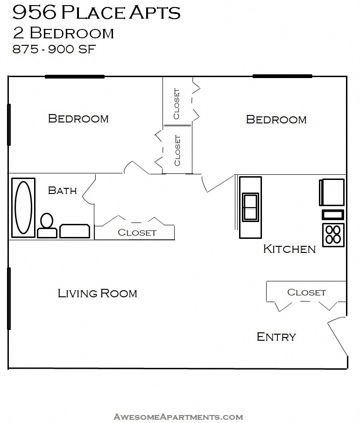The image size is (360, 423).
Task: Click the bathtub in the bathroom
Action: click(x=22, y=208)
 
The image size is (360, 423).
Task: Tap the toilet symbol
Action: click(x=47, y=226)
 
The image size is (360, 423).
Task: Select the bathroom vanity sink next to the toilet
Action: click(x=75, y=231)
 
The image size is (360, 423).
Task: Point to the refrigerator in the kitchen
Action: click(x=332, y=192)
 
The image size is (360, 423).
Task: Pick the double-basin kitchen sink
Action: click(x=250, y=206)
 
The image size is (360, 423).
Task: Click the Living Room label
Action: click(x=97, y=294)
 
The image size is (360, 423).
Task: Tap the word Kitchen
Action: click(x=289, y=249)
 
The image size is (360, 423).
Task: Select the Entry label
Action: click(x=276, y=337)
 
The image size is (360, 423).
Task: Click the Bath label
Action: click(x=62, y=190)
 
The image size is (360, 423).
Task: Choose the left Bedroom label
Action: click(x=78, y=119)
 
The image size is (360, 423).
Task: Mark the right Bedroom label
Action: click(x=276, y=120)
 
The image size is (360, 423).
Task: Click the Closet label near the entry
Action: click(x=306, y=292)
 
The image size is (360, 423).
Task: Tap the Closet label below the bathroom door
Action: click(x=137, y=232)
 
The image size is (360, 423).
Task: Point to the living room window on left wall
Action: click(x=9, y=298)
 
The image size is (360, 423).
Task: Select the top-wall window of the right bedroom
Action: click(x=282, y=76)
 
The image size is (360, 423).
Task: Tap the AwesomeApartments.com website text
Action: click(x=178, y=416)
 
